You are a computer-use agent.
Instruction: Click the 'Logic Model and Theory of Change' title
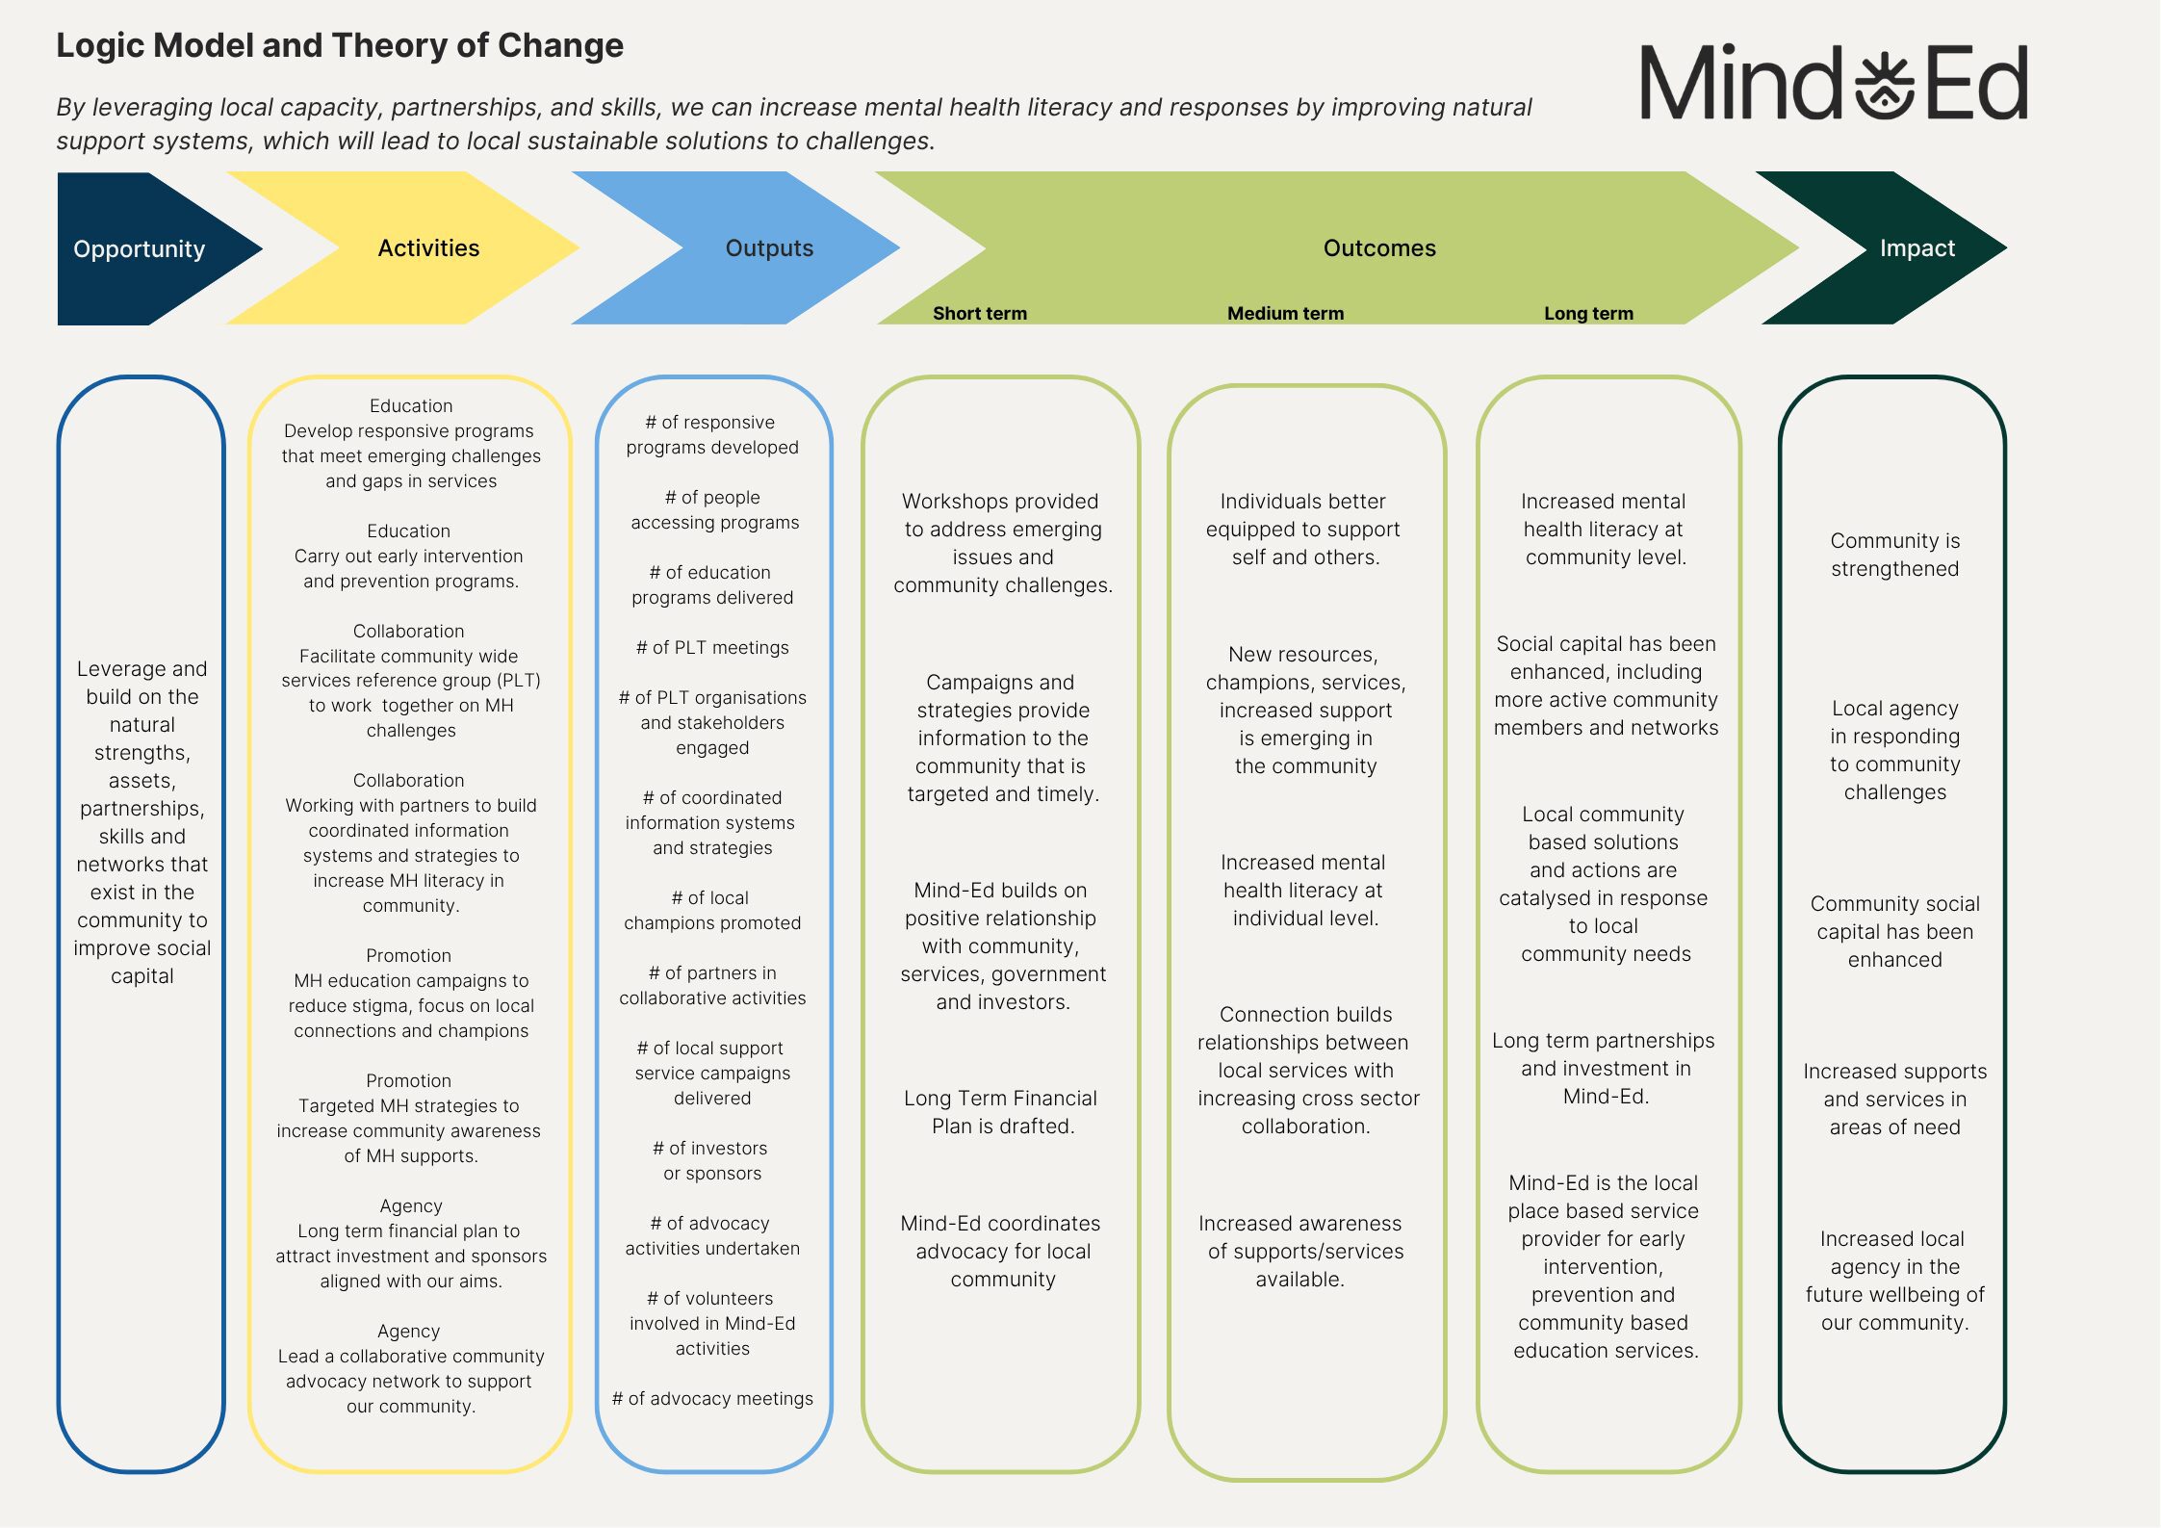(x=340, y=46)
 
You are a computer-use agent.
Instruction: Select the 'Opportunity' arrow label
(x=140, y=249)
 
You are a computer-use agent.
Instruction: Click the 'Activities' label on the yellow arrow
(x=428, y=248)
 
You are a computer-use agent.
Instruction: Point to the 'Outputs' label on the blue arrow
(x=769, y=248)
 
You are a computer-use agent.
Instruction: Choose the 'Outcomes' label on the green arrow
(x=1379, y=248)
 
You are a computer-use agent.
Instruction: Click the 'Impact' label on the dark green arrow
(x=1917, y=248)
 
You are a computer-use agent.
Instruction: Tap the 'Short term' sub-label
(x=980, y=314)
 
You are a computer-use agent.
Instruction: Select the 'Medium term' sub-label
(x=1285, y=314)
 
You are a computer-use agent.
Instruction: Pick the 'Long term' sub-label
(x=1588, y=314)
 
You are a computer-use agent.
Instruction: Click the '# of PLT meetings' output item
(x=712, y=648)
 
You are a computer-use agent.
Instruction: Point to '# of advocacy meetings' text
(x=712, y=1399)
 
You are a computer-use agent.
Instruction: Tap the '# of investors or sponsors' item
(x=712, y=1160)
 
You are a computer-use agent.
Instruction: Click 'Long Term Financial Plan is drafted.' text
(x=1001, y=1112)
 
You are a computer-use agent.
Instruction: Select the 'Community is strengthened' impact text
(x=1894, y=555)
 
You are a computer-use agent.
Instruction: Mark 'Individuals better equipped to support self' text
(x=1304, y=529)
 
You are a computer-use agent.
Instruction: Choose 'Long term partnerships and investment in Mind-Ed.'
(x=1604, y=1068)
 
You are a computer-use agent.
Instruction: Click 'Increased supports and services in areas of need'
(x=1894, y=1099)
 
